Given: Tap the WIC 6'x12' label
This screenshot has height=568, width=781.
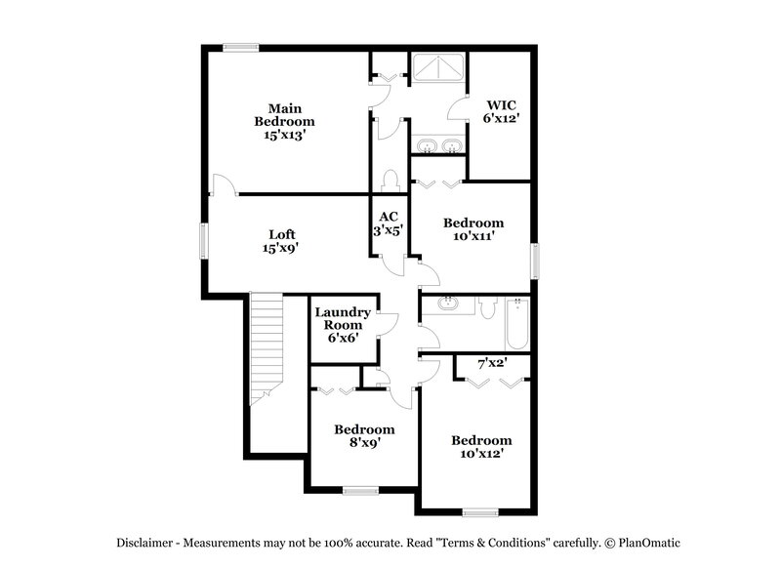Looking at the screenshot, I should pyautogui.click(x=501, y=110).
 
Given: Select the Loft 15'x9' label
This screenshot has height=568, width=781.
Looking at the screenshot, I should pyautogui.click(x=281, y=241).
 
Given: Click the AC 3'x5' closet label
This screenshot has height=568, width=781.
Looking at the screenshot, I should pyautogui.click(x=389, y=223).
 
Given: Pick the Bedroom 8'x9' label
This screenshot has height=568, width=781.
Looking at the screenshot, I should pyautogui.click(x=364, y=435).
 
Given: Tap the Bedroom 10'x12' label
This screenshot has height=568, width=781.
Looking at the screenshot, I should pyautogui.click(x=481, y=447).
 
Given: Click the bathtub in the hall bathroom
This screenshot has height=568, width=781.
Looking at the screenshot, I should pyautogui.click(x=517, y=324).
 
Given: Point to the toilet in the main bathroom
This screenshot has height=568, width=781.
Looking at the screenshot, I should pyautogui.click(x=391, y=181).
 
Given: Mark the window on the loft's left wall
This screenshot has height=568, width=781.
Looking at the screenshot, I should pyautogui.click(x=205, y=241).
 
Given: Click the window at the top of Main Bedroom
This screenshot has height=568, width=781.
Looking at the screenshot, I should pyautogui.click(x=240, y=47).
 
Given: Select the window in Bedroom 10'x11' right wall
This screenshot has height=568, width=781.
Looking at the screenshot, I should pyautogui.click(x=534, y=261).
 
